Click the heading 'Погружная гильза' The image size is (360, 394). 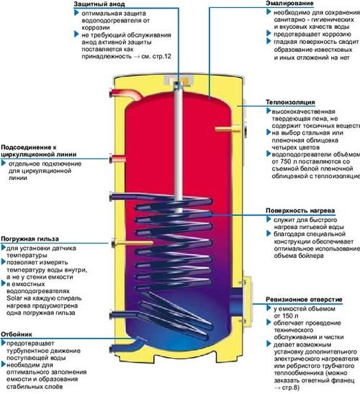click(30, 238)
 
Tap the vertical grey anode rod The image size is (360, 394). click(176, 144)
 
